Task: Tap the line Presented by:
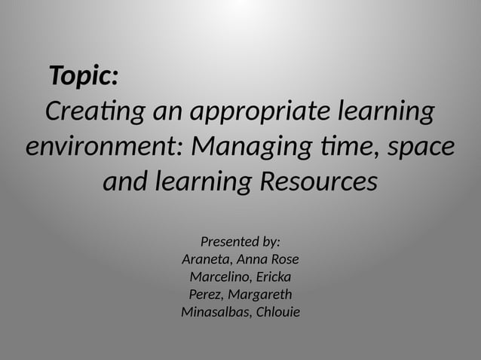tap(240, 242)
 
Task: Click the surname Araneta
tap(207, 259)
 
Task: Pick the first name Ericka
tap(275, 276)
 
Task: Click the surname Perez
tap(205, 294)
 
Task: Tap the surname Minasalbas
tap(215, 312)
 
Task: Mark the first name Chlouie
tap(278, 312)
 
